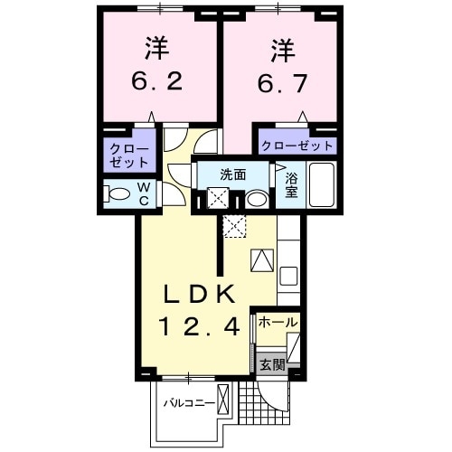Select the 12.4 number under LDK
pos(200,326)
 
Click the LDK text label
pos(200,294)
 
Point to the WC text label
pos(144,193)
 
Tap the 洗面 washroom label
pos(232,174)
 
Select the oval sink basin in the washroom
pos(258,198)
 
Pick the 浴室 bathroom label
pos(291,184)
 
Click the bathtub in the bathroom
pos(321,184)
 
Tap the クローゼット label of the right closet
pos(297,146)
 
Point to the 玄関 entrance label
pos(272,365)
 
